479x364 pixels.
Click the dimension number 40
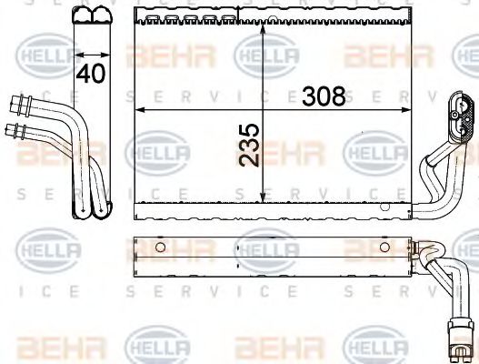(x=90, y=75)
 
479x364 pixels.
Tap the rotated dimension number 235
(x=251, y=145)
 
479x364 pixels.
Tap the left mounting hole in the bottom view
(x=160, y=247)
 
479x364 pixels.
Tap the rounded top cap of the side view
(x=91, y=15)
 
